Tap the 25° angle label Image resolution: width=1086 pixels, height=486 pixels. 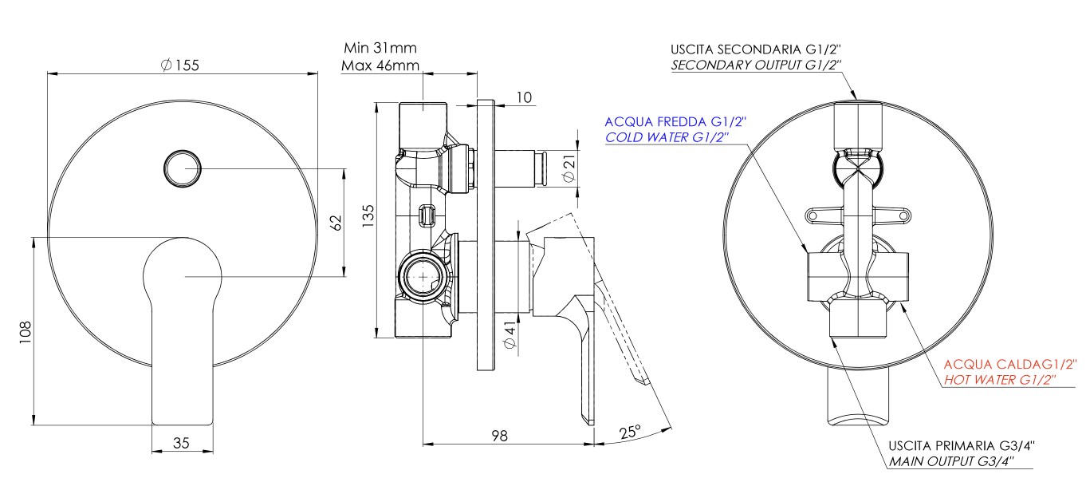(x=630, y=432)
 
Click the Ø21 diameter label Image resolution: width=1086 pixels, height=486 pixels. (x=568, y=169)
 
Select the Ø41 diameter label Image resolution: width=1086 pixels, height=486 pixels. (x=512, y=334)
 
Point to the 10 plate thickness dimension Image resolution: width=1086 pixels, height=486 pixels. (x=523, y=97)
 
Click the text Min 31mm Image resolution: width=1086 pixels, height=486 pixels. (x=379, y=49)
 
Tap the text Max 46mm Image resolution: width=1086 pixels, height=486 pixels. (x=380, y=65)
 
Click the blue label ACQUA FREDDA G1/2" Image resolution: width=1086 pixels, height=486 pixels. (x=675, y=121)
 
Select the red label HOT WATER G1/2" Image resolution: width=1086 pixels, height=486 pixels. (x=999, y=381)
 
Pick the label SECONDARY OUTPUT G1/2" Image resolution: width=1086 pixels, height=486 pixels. (x=757, y=65)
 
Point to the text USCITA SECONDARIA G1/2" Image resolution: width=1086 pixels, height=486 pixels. (x=757, y=49)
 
